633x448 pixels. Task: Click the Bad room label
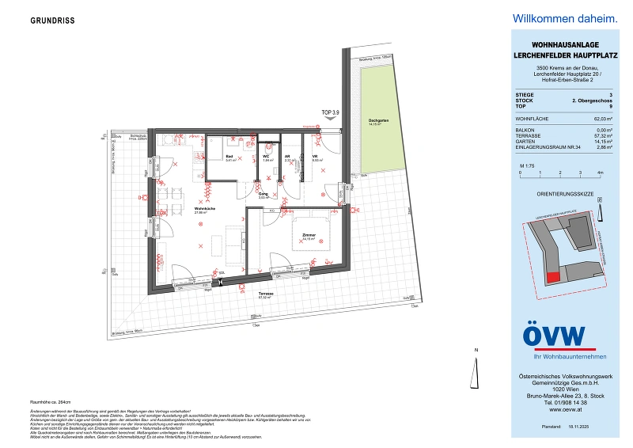tap(207, 158)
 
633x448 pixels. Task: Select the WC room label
tap(267, 157)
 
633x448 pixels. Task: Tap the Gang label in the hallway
tap(263, 194)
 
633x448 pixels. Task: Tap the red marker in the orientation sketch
tap(553, 275)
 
